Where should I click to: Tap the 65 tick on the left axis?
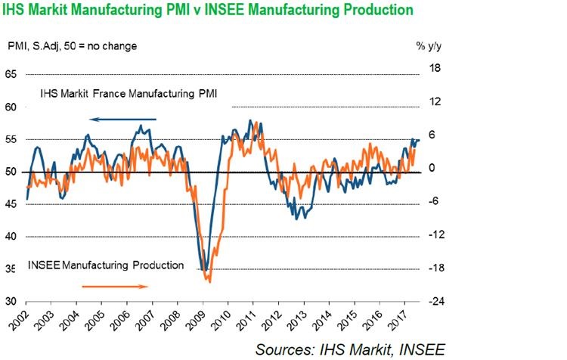pyautogui.click(x=11, y=75)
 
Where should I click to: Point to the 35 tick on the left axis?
pyautogui.click(x=11, y=269)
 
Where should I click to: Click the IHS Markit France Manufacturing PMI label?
pyautogui.click(x=140, y=93)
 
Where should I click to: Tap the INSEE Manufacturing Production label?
pyautogui.click(x=106, y=265)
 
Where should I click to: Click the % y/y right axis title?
pyautogui.click(x=431, y=47)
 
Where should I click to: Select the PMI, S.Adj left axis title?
pyautogui.click(x=71, y=47)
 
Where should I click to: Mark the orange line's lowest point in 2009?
pyautogui.click(x=209, y=281)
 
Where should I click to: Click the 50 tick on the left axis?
pyautogui.click(x=11, y=172)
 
